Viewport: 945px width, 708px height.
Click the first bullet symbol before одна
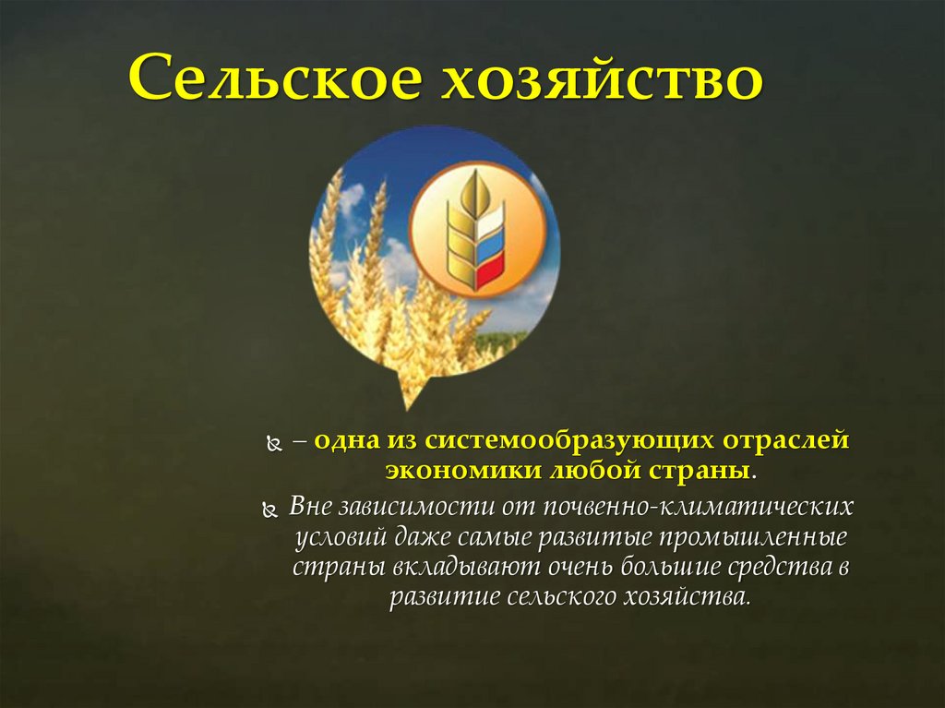click(x=272, y=444)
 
